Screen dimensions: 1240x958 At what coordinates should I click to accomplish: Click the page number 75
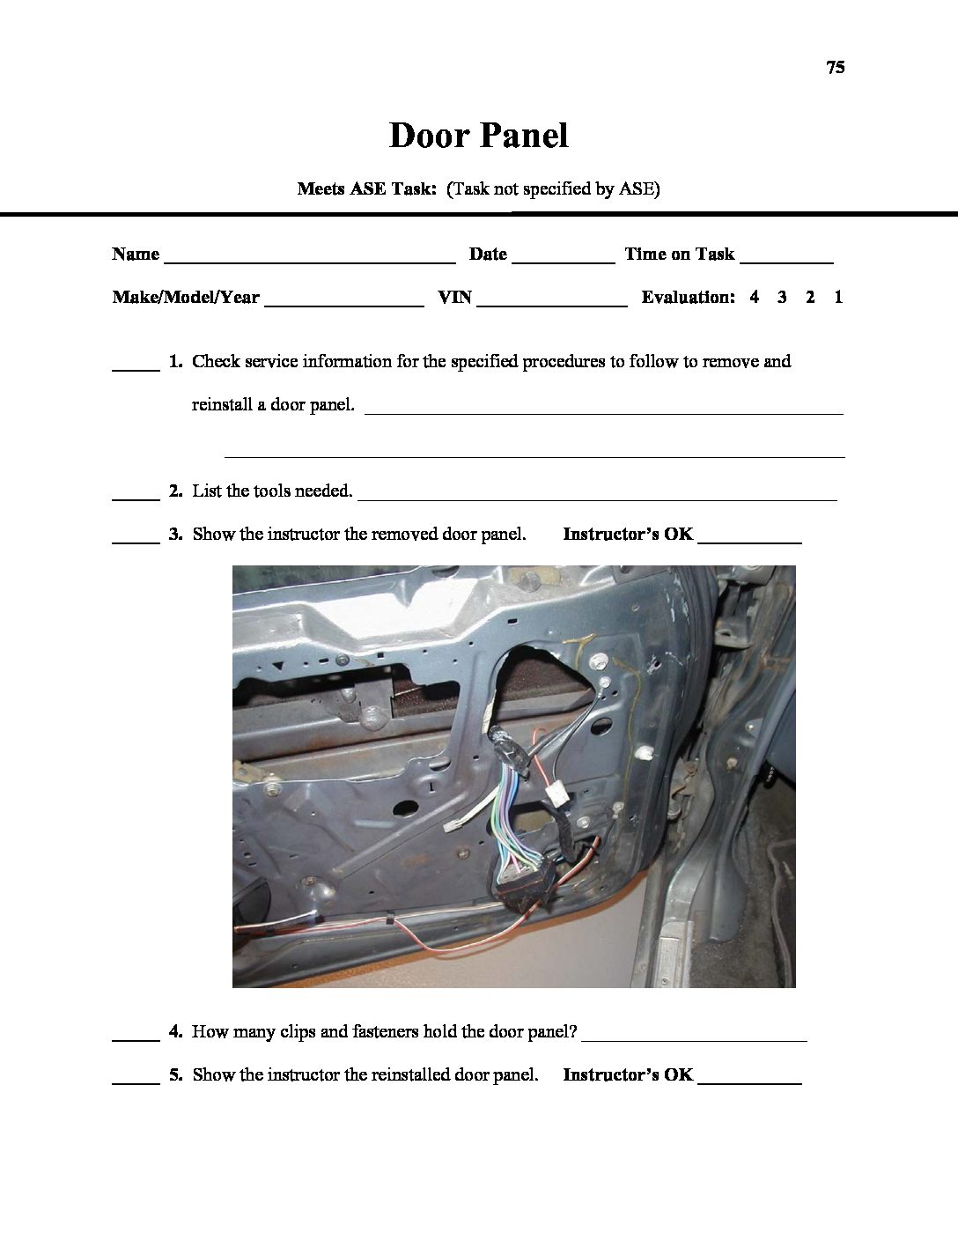tap(836, 68)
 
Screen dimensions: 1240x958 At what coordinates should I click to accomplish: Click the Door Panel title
tap(479, 136)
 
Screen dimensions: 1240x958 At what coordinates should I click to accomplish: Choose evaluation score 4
tap(755, 298)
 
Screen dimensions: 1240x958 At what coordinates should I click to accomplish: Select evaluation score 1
tap(838, 298)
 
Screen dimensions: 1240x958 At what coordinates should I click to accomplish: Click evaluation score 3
tap(782, 298)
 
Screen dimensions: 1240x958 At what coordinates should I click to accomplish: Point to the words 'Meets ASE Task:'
tap(367, 188)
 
